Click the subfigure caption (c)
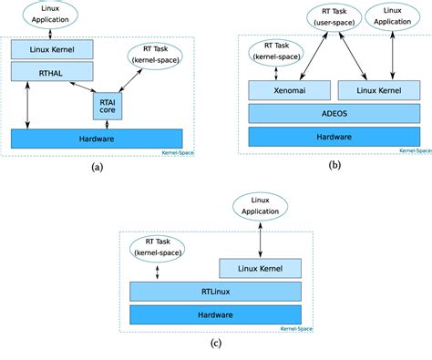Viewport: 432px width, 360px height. (215, 344)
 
